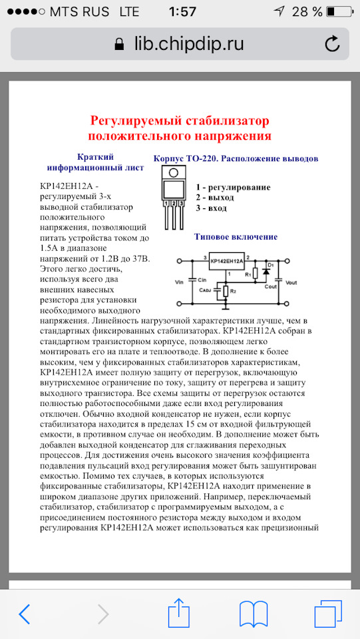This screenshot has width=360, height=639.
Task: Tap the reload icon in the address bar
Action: pos(331,45)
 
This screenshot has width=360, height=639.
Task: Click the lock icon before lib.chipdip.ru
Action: pos(119,45)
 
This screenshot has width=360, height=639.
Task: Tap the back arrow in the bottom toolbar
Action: pos(25,613)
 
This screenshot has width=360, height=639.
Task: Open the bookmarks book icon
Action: pos(254,613)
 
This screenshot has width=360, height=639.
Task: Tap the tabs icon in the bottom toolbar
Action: pos(327,613)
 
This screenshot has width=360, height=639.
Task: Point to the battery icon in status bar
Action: pos(339,11)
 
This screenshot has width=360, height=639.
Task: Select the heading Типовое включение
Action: pos(236,236)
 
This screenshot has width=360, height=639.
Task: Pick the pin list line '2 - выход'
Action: pos(215,198)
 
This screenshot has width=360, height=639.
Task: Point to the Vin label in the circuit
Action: pos(178,283)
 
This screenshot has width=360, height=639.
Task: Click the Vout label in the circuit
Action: pos(290,283)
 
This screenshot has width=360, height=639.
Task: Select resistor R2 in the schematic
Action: pos(227,292)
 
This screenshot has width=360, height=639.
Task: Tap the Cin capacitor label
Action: pos(202,282)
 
